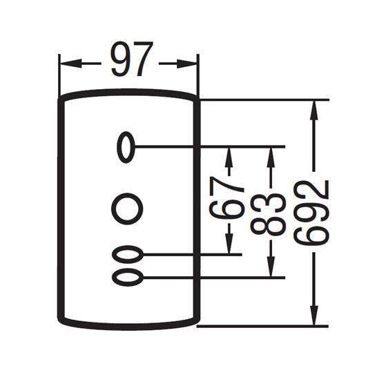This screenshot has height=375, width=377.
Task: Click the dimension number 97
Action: [132, 59]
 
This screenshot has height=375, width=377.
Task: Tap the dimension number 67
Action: [226, 198]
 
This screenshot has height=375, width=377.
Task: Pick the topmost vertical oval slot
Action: [126, 146]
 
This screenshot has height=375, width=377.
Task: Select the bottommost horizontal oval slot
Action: [128, 278]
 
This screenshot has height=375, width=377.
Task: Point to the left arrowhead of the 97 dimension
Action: [70, 64]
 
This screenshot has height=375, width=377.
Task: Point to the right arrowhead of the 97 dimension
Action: [187, 64]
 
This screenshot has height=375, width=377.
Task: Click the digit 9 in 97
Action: [122, 59]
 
